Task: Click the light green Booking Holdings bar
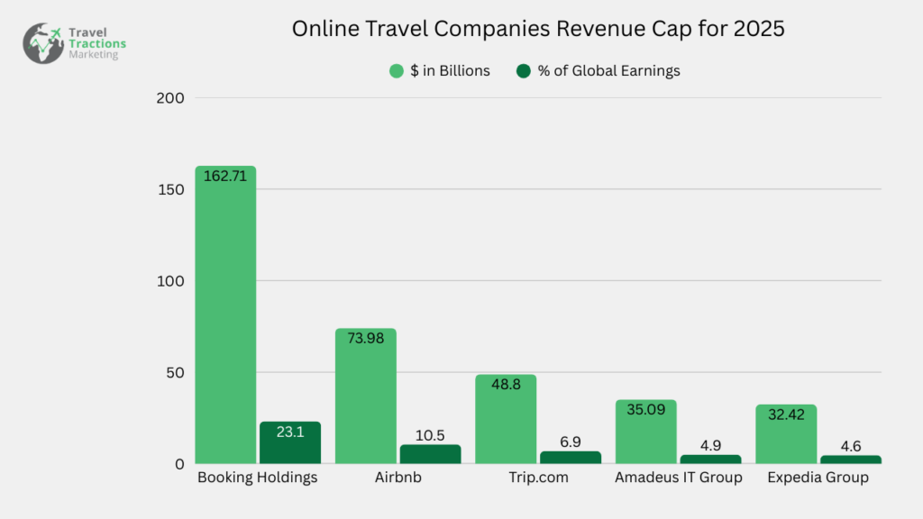[x=225, y=315]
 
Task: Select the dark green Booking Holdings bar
[x=290, y=443]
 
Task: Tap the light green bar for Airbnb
[x=365, y=396]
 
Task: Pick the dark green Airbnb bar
[x=430, y=455]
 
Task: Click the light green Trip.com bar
[x=506, y=419]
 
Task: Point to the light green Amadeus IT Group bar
[x=645, y=432]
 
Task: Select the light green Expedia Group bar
[x=786, y=434]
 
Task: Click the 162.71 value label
[x=225, y=177]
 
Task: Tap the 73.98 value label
[x=365, y=339]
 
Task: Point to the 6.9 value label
[x=570, y=442]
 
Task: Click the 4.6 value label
[x=850, y=445]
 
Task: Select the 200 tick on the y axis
[x=170, y=98]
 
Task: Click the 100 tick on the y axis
[x=170, y=281]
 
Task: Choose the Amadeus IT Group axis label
[x=678, y=478]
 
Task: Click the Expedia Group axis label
[x=818, y=478]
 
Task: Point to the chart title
[x=538, y=29]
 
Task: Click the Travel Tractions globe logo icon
[x=43, y=42]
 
